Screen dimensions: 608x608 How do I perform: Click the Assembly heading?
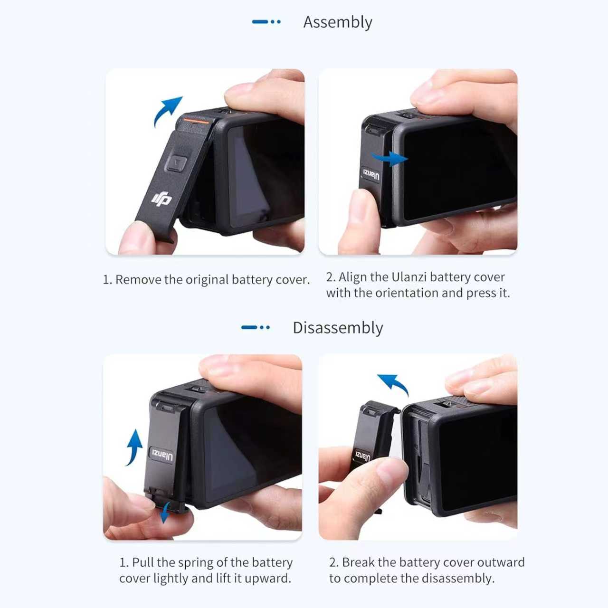[x=337, y=22]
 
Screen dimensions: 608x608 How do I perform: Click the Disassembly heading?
[x=337, y=328]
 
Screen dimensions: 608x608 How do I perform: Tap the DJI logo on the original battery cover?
[x=161, y=198]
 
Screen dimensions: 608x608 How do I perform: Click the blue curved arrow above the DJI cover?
[x=167, y=111]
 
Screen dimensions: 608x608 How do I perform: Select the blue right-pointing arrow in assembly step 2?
[x=389, y=158]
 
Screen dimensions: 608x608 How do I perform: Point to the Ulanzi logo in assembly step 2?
[x=371, y=174]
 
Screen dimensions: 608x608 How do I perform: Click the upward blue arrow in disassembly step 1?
[x=135, y=447]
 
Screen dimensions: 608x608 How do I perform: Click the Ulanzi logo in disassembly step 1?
[x=162, y=455]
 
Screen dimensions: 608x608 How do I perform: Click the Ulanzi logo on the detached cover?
[x=362, y=456]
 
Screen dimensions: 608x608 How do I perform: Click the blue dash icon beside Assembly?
[x=266, y=22]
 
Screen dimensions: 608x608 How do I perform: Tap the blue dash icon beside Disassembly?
[x=255, y=327]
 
